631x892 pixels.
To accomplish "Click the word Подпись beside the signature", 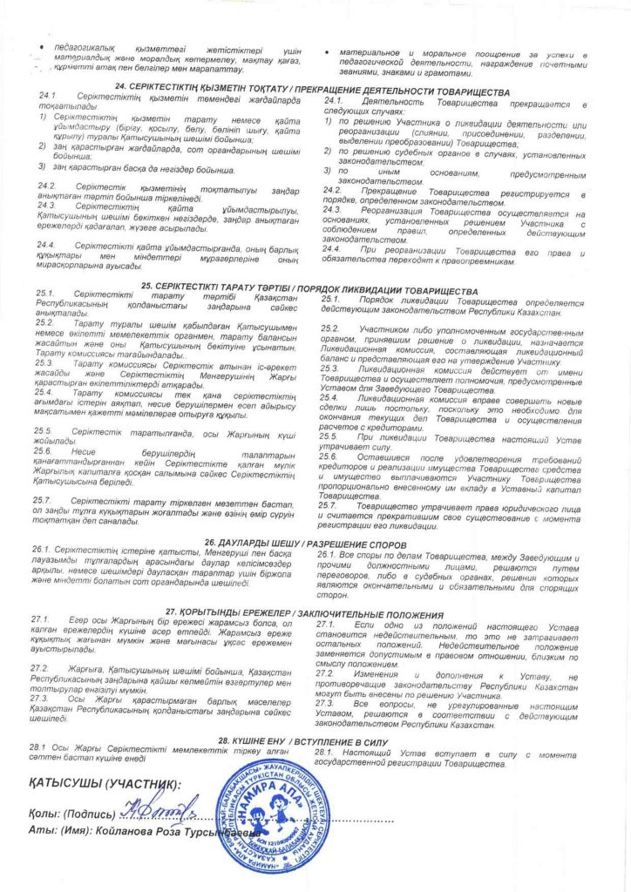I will click(x=91, y=814).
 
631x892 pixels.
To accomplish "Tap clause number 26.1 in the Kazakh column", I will click(x=40, y=551).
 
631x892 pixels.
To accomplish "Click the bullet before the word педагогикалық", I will click(x=33, y=44).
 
